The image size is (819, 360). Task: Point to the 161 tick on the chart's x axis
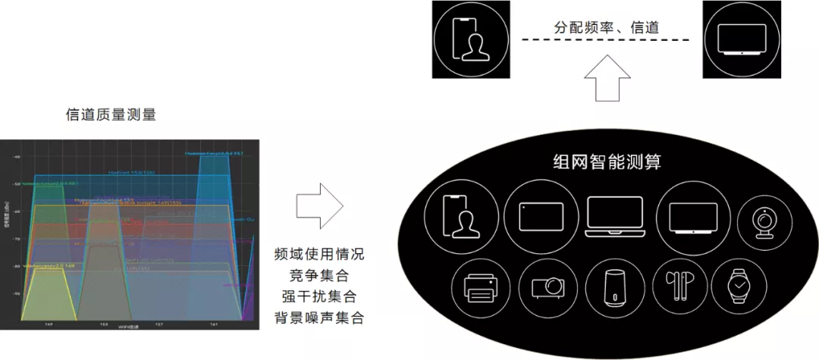coord(215,324)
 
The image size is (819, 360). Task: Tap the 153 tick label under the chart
coord(103,324)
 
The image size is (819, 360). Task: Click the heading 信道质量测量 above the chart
coord(111,115)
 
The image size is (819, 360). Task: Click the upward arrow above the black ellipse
coord(607,79)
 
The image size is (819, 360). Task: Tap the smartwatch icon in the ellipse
coord(737,286)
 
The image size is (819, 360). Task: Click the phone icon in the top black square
coord(469,39)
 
